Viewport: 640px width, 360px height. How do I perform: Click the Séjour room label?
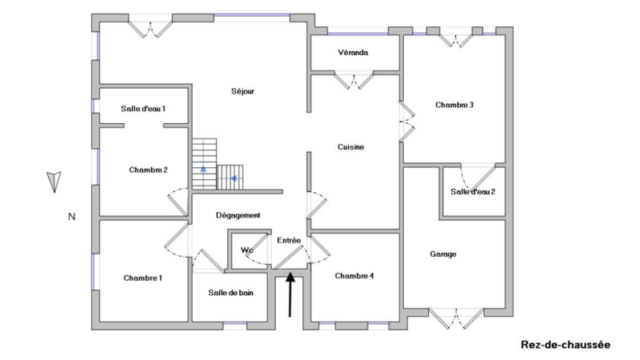(243, 91)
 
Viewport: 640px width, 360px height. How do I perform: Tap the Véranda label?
(353, 53)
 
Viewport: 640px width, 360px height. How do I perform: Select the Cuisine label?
(351, 147)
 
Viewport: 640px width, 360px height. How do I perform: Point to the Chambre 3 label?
(454, 105)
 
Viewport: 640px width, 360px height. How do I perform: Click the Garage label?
(443, 254)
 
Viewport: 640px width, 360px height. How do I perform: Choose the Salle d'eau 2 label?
(473, 192)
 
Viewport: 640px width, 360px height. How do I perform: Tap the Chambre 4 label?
(354, 276)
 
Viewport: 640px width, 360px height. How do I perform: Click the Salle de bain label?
(230, 293)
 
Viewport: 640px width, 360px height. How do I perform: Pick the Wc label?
(246, 250)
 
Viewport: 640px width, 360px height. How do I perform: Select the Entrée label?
(289, 241)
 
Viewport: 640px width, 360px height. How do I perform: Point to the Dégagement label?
(238, 215)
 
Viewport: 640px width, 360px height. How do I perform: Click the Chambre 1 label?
(143, 278)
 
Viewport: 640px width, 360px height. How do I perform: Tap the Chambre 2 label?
(148, 170)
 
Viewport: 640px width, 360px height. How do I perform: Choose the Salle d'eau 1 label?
(143, 109)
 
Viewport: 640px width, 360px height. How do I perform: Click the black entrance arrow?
(290, 294)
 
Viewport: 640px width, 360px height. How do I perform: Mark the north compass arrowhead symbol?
(54, 182)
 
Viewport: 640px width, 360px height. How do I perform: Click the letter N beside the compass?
(72, 217)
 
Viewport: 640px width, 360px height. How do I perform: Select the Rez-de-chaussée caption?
(566, 345)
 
